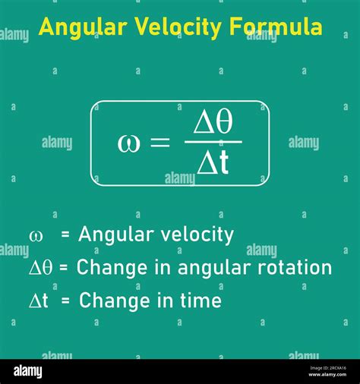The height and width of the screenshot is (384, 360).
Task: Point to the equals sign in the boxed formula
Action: [x=159, y=143]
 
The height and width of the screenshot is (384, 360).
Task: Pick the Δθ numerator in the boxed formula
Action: [x=213, y=122]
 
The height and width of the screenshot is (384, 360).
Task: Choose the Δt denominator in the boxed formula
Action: [x=213, y=162]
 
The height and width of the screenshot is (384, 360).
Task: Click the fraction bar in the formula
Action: [x=213, y=142]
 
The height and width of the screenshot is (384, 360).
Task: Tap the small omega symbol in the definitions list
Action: [x=36, y=236]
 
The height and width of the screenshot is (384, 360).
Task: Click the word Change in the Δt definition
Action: [x=109, y=301]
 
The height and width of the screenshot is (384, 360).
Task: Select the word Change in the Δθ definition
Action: [x=106, y=268]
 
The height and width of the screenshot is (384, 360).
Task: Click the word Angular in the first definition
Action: [x=115, y=236]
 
